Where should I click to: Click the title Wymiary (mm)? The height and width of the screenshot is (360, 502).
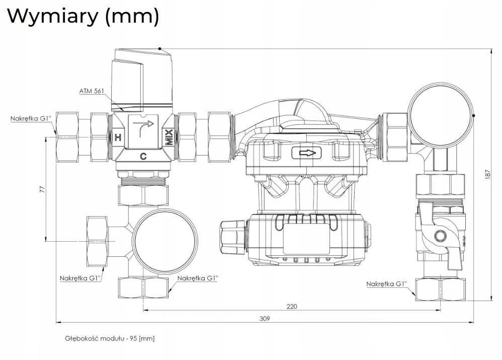pyautogui.click(x=83, y=16)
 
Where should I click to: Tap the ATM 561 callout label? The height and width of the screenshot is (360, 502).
pyautogui.click(x=92, y=91)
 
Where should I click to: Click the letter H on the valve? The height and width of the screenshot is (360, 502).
pyautogui.click(x=118, y=138)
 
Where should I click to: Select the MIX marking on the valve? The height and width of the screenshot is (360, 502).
pyautogui.click(x=169, y=137)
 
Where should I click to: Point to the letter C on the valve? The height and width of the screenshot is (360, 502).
pyautogui.click(x=143, y=157)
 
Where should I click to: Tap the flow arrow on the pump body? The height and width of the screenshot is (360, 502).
pyautogui.click(x=307, y=153)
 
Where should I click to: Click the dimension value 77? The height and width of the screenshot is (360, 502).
pyautogui.click(x=42, y=189)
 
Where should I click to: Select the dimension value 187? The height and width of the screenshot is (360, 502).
pyautogui.click(x=487, y=174)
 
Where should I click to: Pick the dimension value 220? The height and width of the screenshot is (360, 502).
pyautogui.click(x=292, y=307)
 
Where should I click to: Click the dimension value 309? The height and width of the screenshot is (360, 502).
pyautogui.click(x=265, y=319)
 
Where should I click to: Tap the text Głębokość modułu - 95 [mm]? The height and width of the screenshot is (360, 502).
pyautogui.click(x=110, y=338)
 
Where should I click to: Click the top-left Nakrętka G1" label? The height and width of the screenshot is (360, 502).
pyautogui.click(x=31, y=119)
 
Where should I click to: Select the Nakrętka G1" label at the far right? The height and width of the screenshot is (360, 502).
pyautogui.click(x=386, y=283)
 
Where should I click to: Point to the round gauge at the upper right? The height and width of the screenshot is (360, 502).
pyautogui.click(x=441, y=115)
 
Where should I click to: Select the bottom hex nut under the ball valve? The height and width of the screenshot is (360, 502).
pyautogui.click(x=441, y=290)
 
